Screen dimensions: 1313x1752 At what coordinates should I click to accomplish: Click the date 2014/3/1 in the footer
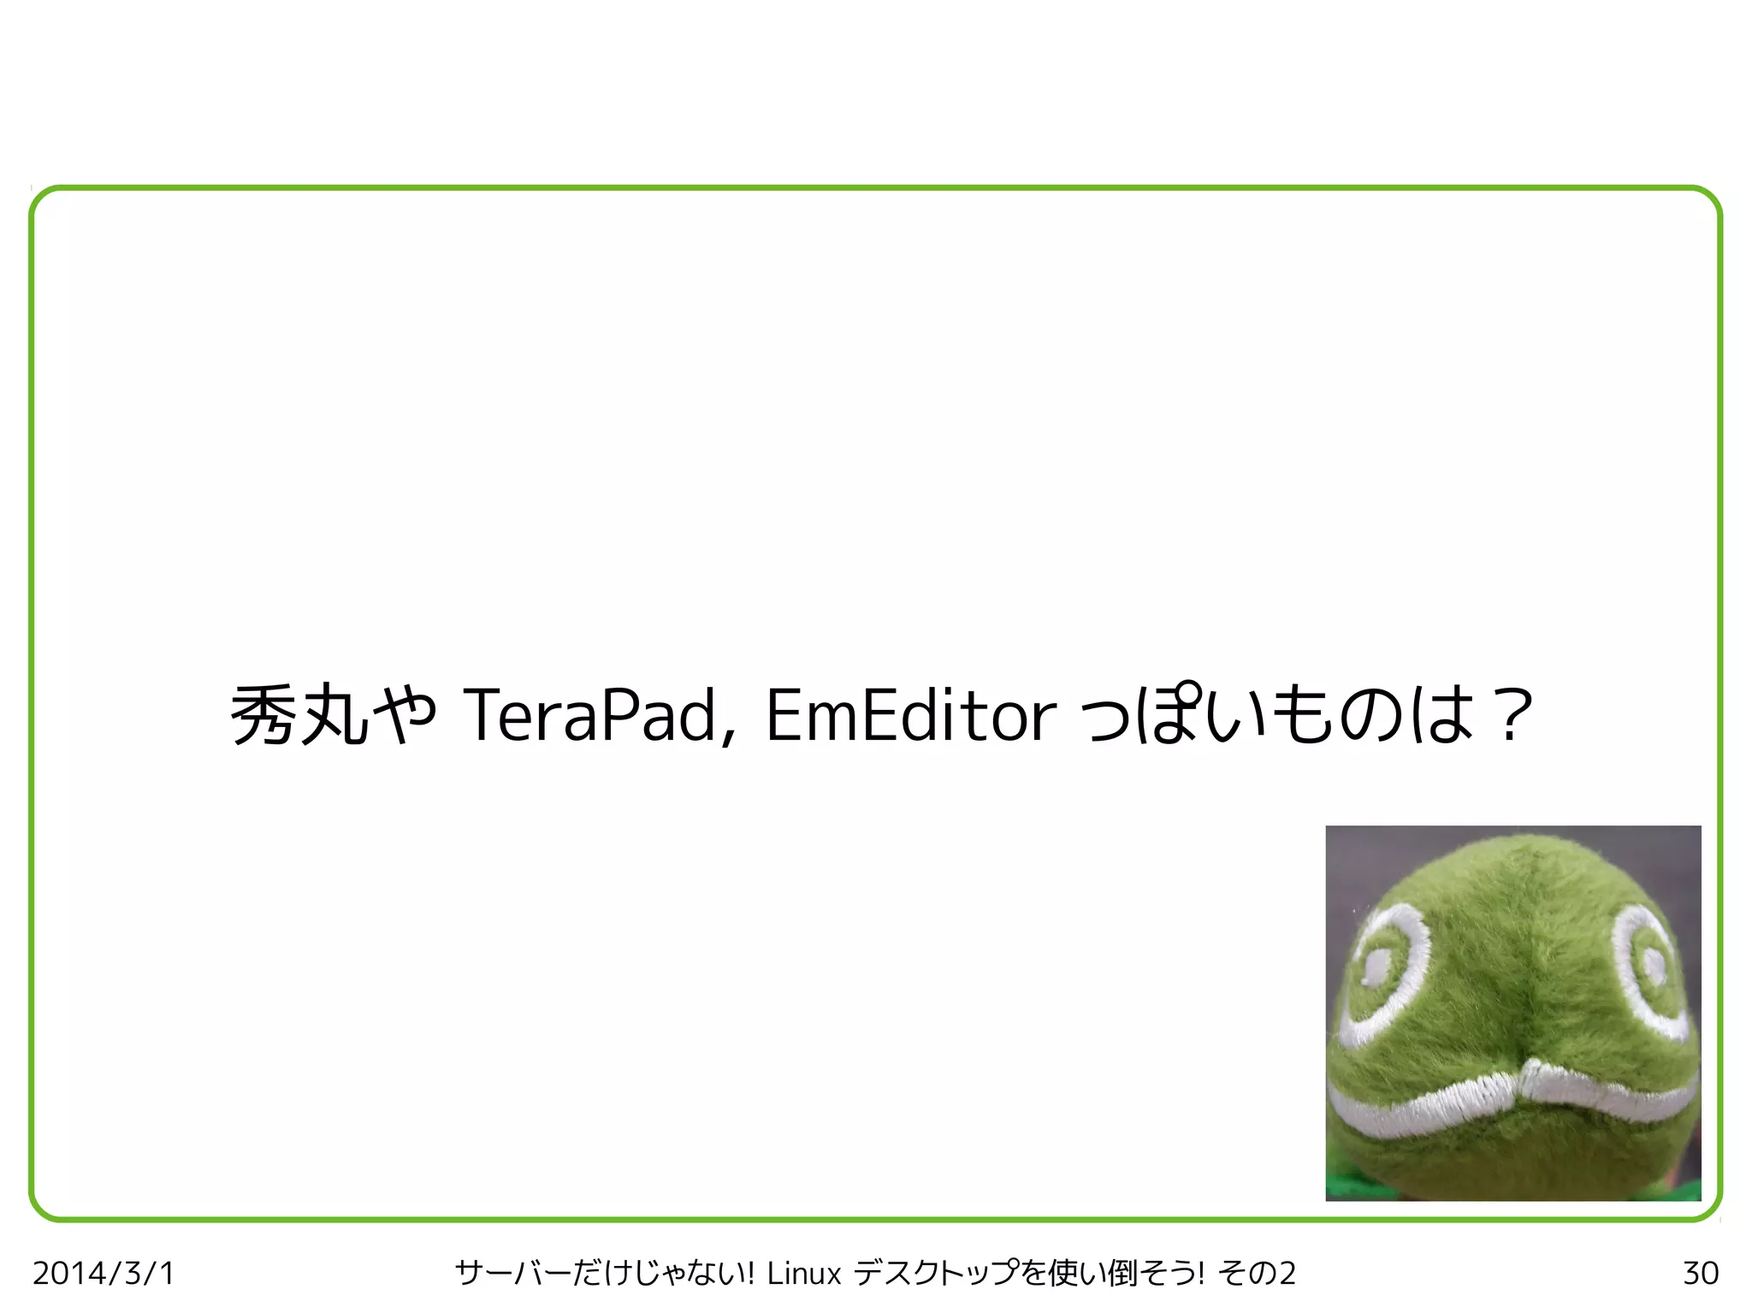pos(104,1273)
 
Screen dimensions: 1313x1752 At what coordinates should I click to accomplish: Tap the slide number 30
pos(1700,1273)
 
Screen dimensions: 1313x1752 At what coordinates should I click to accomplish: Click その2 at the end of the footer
pos(1258,1273)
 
